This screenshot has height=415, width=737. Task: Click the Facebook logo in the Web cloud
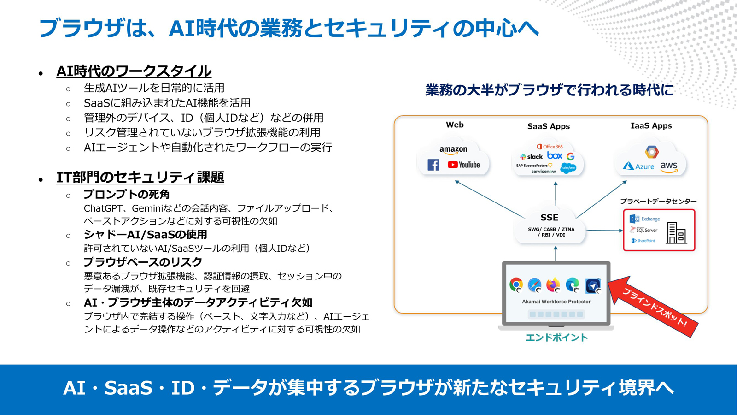(x=433, y=165)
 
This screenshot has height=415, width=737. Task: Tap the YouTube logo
(x=463, y=165)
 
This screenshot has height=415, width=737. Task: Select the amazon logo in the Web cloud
(x=453, y=150)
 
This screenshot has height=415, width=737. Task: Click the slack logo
(x=531, y=157)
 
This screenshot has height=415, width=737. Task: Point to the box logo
(x=555, y=155)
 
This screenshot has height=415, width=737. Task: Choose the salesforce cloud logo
(x=568, y=168)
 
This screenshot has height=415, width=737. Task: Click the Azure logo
(x=638, y=166)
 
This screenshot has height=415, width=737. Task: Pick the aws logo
(x=669, y=167)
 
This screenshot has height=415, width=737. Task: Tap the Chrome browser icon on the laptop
(x=516, y=285)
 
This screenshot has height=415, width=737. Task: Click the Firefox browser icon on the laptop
(x=553, y=285)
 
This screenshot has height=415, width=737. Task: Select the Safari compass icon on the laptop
(x=535, y=285)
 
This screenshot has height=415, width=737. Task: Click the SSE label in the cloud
(x=549, y=218)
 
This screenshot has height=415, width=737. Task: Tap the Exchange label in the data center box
(x=650, y=219)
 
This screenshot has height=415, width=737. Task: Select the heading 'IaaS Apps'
(x=651, y=126)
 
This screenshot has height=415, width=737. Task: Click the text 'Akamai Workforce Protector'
(x=556, y=302)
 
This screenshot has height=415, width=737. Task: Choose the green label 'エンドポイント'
(x=557, y=338)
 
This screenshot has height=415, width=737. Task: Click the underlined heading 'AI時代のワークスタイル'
(x=134, y=71)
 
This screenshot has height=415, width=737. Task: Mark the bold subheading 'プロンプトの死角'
(x=126, y=194)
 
